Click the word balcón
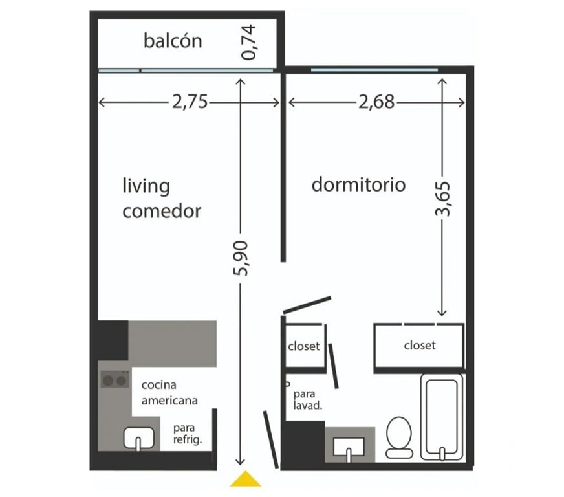pyautogui.click(x=173, y=41)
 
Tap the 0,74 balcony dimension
pyautogui.click(x=249, y=42)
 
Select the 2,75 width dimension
pyautogui.click(x=190, y=102)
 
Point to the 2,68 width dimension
pyautogui.click(x=376, y=102)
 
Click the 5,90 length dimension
pyautogui.click(x=241, y=258)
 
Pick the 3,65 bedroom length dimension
pyautogui.click(x=442, y=199)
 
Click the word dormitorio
pyautogui.click(x=358, y=184)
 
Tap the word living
pyautogui.click(x=146, y=186)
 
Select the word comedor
pyautogui.click(x=162, y=211)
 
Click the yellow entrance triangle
pyautogui.click(x=245, y=480)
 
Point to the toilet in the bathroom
pyautogui.click(x=399, y=437)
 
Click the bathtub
pyautogui.click(x=442, y=417)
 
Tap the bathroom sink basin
pyautogui.click(x=349, y=448)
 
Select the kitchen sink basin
pyautogui.click(x=138, y=438)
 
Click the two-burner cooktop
pyautogui.click(x=115, y=379)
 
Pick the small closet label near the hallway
pyautogui.click(x=304, y=346)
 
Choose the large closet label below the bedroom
pyautogui.click(x=420, y=346)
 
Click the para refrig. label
pyautogui.click(x=188, y=434)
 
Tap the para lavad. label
pyautogui.click(x=307, y=400)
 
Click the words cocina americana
pyautogui.click(x=169, y=393)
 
